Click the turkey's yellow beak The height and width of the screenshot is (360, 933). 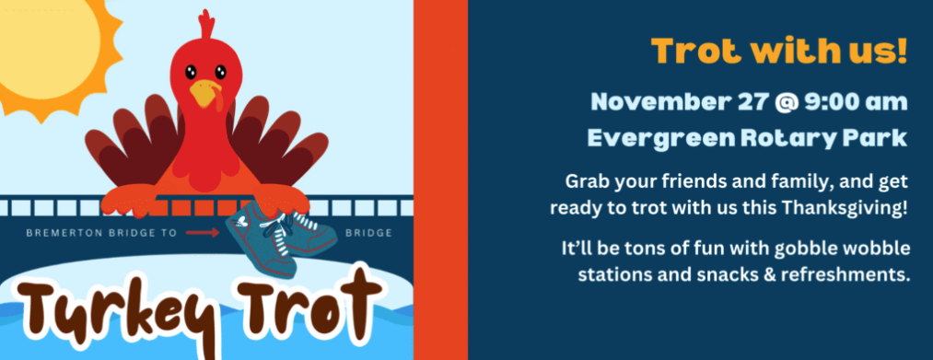(x=205, y=93)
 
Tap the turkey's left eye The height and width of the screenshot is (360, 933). (x=191, y=72)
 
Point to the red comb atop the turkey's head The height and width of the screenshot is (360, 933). (x=206, y=26)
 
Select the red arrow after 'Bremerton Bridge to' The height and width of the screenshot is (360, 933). (x=203, y=233)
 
